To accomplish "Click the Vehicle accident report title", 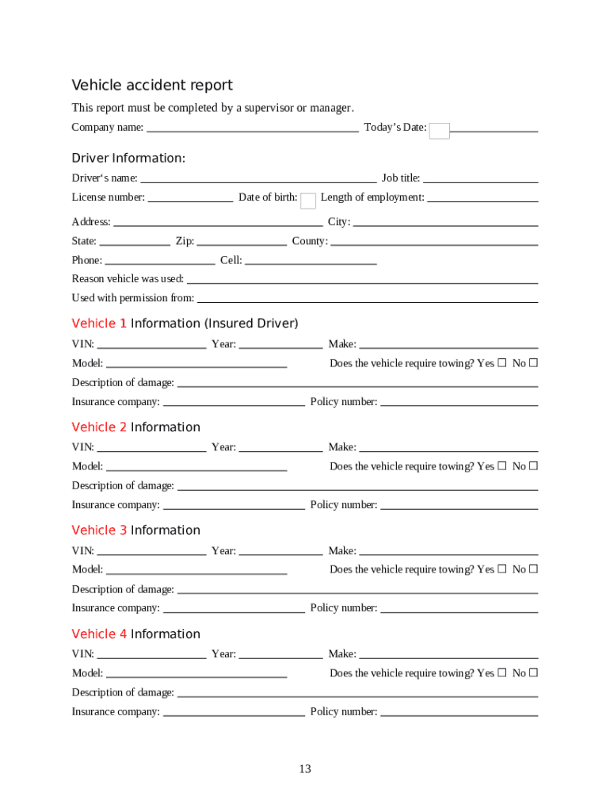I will click(x=152, y=86).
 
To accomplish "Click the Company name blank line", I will click(x=253, y=127).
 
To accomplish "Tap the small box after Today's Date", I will click(x=439, y=131).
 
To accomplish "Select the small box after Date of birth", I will click(x=309, y=201).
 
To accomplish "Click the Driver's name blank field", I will click(x=257, y=178).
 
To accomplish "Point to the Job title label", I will click(x=401, y=178).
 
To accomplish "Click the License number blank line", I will click(x=190, y=197).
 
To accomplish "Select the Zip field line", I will click(x=242, y=241).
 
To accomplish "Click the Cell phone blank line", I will click(x=311, y=260).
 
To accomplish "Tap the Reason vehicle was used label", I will click(x=128, y=279).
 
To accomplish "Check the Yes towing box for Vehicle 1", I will click(x=502, y=363).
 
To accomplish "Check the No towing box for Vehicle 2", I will click(x=533, y=466).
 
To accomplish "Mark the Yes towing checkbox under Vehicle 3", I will click(x=502, y=569).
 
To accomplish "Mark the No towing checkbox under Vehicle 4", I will click(x=533, y=673).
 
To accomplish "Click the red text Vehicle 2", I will click(x=99, y=427).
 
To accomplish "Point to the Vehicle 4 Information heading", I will click(x=135, y=634).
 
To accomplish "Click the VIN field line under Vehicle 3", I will click(x=151, y=551).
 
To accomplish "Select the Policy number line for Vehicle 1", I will click(x=459, y=402).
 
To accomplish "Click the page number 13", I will click(x=305, y=769).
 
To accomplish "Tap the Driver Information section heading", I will click(x=128, y=159).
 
